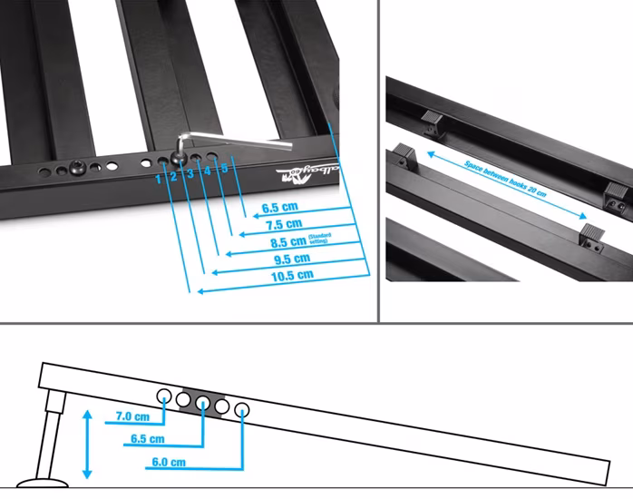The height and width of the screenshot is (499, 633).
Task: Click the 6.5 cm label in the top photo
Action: click(281, 208)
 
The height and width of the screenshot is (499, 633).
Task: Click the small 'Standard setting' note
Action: click(320, 239)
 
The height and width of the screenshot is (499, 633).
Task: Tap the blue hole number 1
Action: click(158, 178)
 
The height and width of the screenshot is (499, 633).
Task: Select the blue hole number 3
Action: click(190, 172)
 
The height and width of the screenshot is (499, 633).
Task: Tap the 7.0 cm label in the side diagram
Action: click(132, 417)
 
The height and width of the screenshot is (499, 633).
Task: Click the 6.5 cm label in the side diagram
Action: click(149, 439)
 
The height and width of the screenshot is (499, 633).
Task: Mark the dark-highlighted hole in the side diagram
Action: click(202, 403)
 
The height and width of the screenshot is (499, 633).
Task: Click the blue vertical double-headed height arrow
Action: click(87, 444)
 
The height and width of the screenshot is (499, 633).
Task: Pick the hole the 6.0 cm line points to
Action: click(242, 411)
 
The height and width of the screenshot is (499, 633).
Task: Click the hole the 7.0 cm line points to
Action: click(165, 396)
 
